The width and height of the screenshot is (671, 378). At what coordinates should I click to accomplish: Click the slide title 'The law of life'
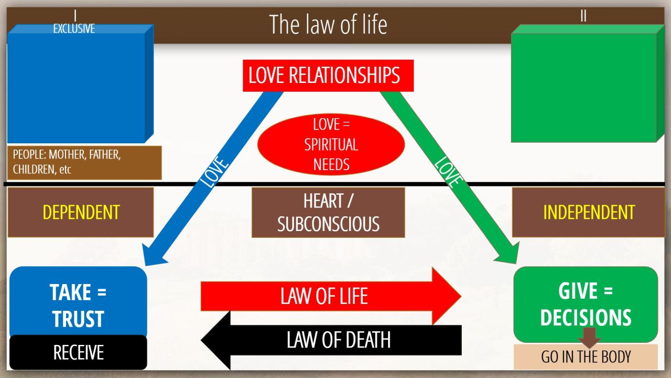point(328,25)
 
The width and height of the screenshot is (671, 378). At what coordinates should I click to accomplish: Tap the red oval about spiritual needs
point(331,144)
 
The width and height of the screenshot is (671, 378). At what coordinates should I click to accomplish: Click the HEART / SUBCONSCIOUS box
point(328,212)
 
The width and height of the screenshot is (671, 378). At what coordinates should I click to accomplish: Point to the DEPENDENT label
point(81,212)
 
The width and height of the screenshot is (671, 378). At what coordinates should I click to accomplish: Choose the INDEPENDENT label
point(588,212)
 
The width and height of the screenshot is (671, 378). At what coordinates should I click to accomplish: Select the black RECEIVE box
point(78,352)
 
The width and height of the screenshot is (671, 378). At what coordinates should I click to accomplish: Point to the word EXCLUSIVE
point(74,29)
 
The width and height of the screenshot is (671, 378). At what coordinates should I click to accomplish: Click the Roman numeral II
point(583,16)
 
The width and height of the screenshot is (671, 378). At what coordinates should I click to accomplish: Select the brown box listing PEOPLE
point(84,163)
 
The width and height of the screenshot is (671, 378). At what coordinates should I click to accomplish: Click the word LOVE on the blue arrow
point(215,171)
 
